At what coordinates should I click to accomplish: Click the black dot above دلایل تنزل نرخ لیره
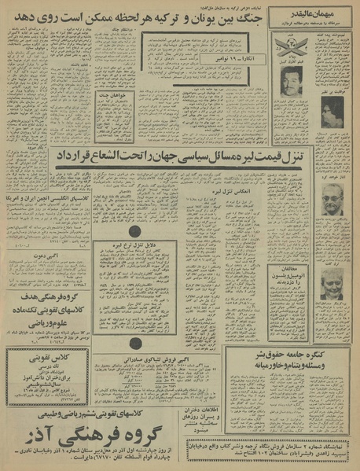[x=135, y=232]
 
